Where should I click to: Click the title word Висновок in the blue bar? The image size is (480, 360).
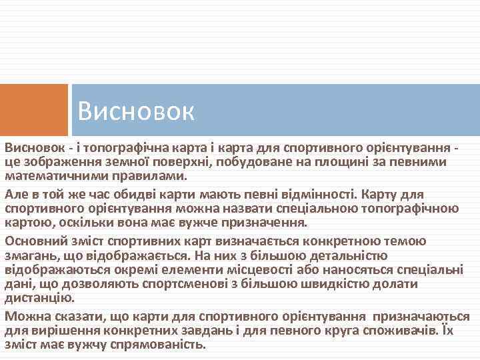point(135,111)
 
